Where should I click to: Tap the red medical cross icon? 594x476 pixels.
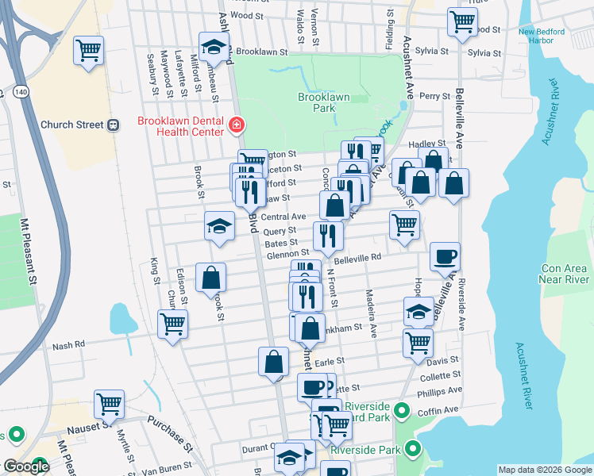(x=236, y=125)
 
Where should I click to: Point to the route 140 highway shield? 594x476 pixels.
(x=18, y=93)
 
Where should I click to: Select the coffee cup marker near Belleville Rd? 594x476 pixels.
(x=445, y=255)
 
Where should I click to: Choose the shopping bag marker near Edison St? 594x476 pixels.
(x=211, y=278)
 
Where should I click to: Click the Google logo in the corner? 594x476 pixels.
(x=25, y=467)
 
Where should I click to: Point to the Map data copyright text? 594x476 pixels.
(x=545, y=470)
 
